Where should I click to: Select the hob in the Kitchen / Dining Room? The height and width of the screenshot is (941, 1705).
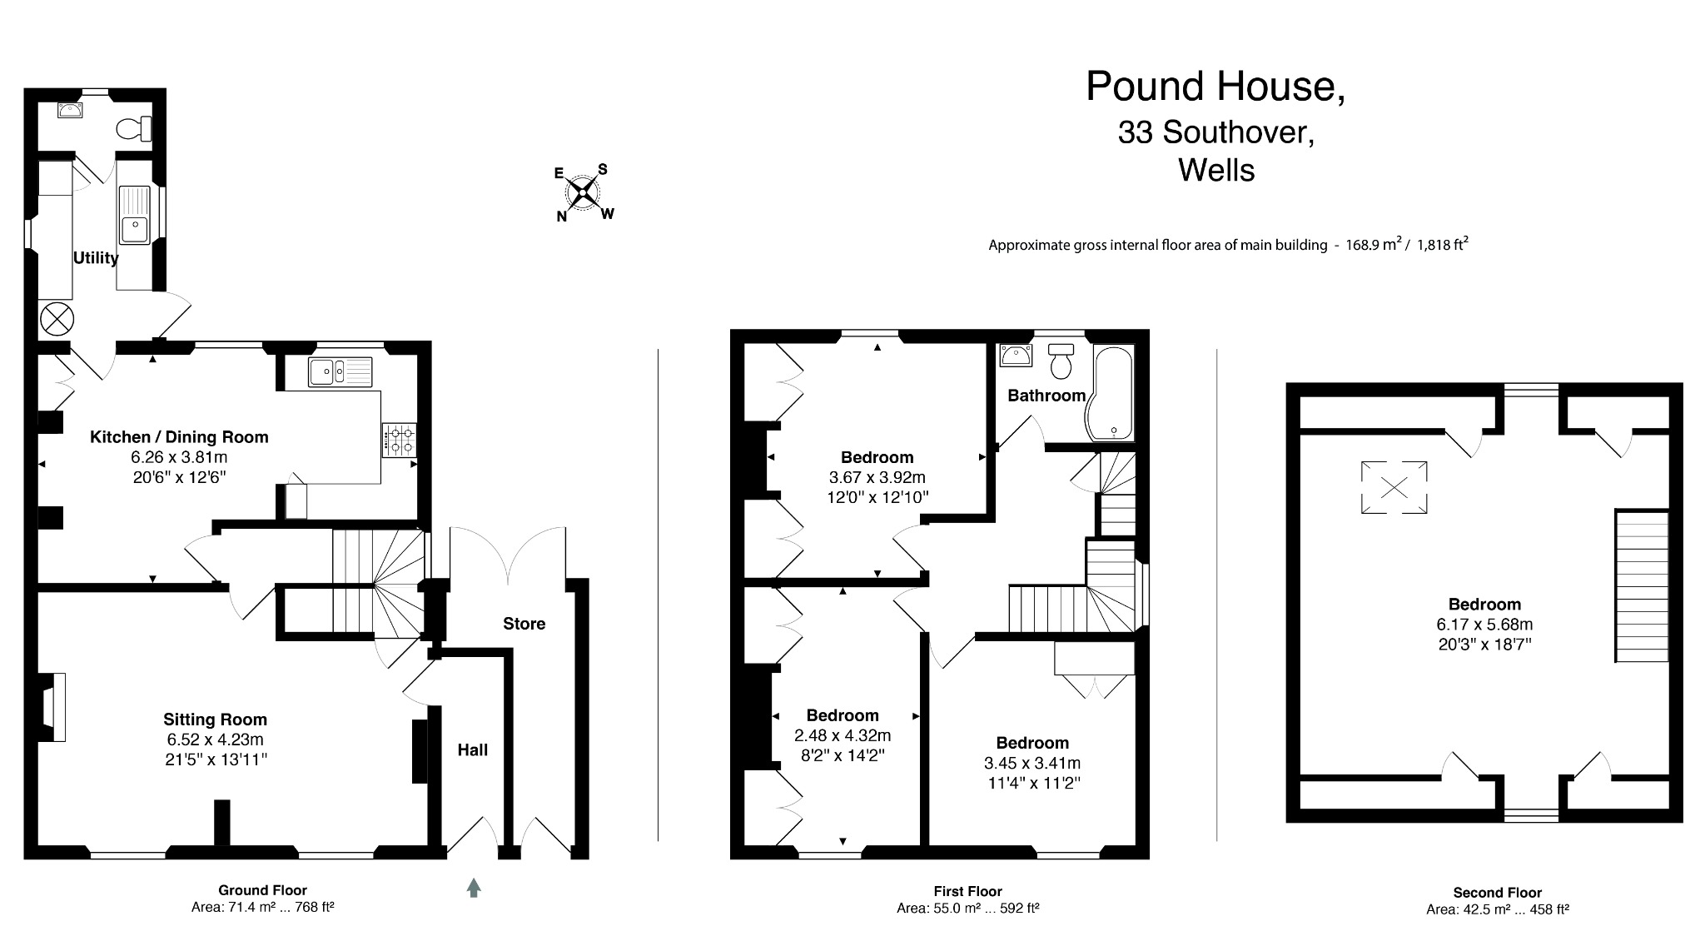click(x=400, y=440)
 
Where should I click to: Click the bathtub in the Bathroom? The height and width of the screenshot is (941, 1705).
click(x=1113, y=395)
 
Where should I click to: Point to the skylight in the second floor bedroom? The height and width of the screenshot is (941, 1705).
click(x=1394, y=487)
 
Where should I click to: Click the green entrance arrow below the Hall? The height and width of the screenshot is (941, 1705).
click(x=474, y=888)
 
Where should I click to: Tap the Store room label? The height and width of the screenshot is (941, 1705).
click(x=524, y=624)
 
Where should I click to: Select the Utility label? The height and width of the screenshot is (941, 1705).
click(x=96, y=258)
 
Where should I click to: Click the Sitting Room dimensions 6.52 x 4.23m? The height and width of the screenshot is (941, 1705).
click(x=215, y=739)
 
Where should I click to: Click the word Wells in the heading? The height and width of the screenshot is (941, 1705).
click(x=1216, y=171)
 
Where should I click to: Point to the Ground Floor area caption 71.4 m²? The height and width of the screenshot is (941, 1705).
click(x=262, y=908)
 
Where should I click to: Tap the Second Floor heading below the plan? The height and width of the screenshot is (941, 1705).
click(x=1497, y=893)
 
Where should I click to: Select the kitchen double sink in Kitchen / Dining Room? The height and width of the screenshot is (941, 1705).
click(x=340, y=371)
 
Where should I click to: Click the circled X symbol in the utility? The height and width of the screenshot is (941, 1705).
click(x=57, y=318)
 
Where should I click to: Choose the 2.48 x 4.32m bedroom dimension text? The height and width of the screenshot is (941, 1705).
click(x=843, y=735)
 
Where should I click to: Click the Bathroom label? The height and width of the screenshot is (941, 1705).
click(x=1046, y=396)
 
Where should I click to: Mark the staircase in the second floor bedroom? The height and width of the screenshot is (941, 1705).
click(x=1642, y=586)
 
